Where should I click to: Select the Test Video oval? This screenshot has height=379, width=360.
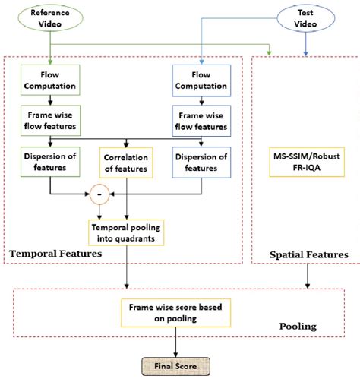pyautogui.click(x=305, y=21)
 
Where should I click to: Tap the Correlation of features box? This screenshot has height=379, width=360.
pyautogui.click(x=126, y=163)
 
